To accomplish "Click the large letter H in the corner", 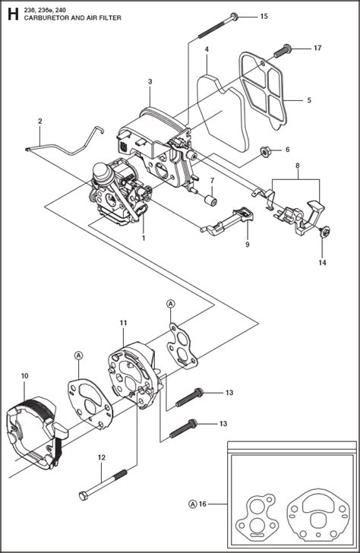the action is click(x=13, y=14).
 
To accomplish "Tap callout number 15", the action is click(x=264, y=16).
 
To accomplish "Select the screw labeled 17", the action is click(x=283, y=50).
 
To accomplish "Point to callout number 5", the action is click(x=309, y=100).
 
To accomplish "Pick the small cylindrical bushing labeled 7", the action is click(x=211, y=200).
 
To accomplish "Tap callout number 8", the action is click(x=298, y=165).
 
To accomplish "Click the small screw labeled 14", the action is click(x=324, y=232).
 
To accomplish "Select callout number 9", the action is click(x=247, y=245).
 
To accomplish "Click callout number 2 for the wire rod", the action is click(x=39, y=121).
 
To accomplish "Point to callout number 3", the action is click(x=150, y=81).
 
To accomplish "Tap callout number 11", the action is click(x=123, y=323).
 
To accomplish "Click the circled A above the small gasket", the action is click(x=171, y=303).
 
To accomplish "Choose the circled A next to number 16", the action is click(x=193, y=504).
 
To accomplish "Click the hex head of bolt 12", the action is click(x=83, y=496).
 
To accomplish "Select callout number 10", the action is click(x=24, y=376).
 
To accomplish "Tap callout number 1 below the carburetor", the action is click(x=144, y=239).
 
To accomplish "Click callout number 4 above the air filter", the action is click(x=207, y=49).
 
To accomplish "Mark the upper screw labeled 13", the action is click(x=189, y=397).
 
